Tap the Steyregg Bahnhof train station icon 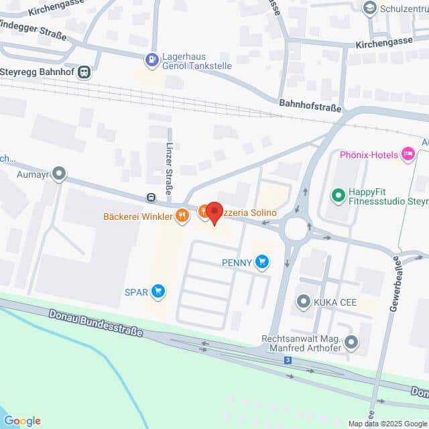84,72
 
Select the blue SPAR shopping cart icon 158,291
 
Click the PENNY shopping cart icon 262,262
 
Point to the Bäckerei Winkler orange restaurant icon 182,215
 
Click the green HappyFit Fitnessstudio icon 339,196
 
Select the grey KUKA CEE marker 304,301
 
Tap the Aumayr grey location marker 60,174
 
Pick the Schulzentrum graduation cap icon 369,8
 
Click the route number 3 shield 288,361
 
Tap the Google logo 22,421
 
